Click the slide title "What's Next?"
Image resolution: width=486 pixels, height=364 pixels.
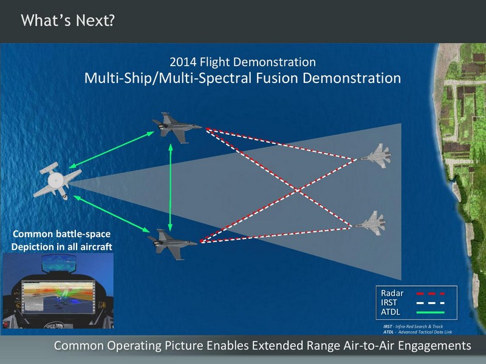tap(68, 21)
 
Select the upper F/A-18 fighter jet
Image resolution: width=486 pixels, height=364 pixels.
tap(177, 127)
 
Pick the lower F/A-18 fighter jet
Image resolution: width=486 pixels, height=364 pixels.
tap(172, 244)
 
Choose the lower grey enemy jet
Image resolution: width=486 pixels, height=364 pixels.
tap(371, 223)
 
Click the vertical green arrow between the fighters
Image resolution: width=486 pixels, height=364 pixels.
tap(170, 187)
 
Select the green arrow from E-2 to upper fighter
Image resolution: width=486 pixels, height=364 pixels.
tap(111, 150)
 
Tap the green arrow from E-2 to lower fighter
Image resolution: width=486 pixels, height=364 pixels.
tap(112, 214)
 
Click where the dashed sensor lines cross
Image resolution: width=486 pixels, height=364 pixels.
tap(298, 190)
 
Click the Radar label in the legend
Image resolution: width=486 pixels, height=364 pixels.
tap(392, 293)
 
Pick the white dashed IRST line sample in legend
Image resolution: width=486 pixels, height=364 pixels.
tap(431, 303)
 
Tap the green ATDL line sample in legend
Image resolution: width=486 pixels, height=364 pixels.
tap(431, 312)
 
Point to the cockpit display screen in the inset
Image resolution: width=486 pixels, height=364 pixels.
tap(58, 297)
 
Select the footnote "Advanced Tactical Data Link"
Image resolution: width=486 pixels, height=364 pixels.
tap(425, 332)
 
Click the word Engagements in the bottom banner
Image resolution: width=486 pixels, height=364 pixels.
tap(434, 345)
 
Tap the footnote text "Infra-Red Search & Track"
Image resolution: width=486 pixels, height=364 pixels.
tap(419, 326)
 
